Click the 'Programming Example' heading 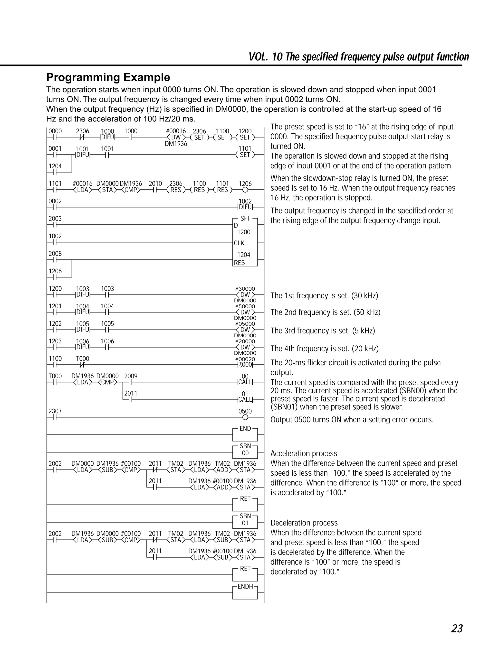(x=108, y=77)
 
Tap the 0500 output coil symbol (x=245, y=417)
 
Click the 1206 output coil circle (x=245, y=190)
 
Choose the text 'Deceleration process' (x=304, y=523)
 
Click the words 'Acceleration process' (x=304, y=453)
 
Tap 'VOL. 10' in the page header (x=265, y=57)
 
